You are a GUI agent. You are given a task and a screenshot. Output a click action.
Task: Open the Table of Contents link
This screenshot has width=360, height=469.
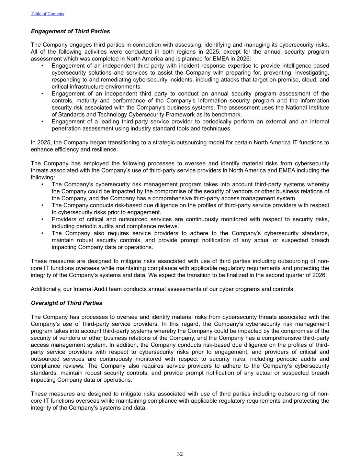[x=47, y=14]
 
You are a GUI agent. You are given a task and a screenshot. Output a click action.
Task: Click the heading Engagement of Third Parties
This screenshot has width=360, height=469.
[x=70, y=31]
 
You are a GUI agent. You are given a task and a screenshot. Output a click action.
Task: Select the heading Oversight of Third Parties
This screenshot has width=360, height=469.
[x=66, y=303]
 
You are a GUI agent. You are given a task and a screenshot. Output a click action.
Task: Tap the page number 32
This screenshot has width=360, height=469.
[x=180, y=454]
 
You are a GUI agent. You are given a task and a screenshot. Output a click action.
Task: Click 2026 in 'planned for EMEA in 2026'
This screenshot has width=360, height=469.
[x=244, y=59]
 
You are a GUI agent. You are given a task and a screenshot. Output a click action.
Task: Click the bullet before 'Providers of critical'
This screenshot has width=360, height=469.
[x=42, y=219]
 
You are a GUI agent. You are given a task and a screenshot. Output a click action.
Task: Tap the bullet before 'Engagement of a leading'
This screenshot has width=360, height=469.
[x=42, y=122]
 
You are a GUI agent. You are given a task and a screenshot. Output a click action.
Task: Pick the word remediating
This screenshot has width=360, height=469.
[x=101, y=80]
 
